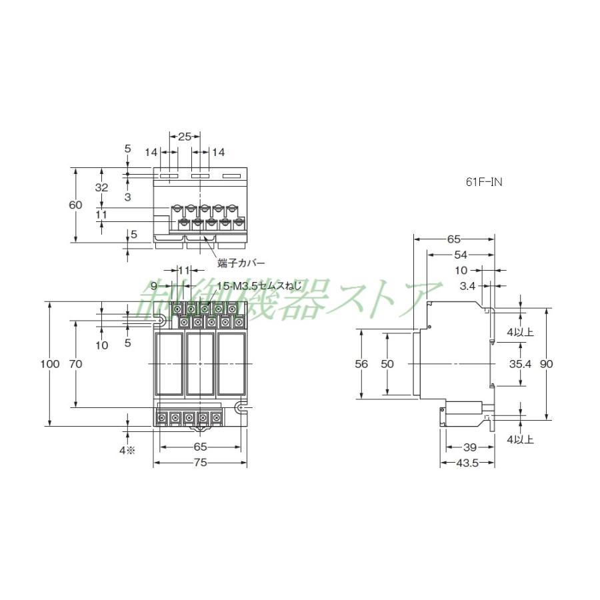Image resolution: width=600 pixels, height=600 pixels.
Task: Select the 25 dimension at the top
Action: pos(185,136)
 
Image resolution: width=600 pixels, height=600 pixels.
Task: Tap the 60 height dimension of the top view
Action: pos(75,205)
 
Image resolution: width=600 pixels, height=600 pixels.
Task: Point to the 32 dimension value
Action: pos(101,188)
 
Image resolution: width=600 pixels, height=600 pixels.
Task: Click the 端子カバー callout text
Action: pos(237,263)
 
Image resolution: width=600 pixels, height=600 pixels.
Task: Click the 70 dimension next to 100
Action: pos(75,364)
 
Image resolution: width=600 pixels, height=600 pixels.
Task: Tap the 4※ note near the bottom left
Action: pos(127,450)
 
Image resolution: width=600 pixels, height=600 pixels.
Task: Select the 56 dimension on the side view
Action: pos(361,364)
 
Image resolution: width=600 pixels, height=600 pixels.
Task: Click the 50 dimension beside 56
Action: pos(387,364)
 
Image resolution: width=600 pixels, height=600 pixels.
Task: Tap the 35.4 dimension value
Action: pos(519,364)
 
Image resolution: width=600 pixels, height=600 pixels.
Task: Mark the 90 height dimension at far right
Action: pos(547,364)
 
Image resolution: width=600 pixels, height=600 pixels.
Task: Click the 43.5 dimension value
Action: pos(466,463)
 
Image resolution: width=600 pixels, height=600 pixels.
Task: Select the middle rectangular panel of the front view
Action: pos(200,365)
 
